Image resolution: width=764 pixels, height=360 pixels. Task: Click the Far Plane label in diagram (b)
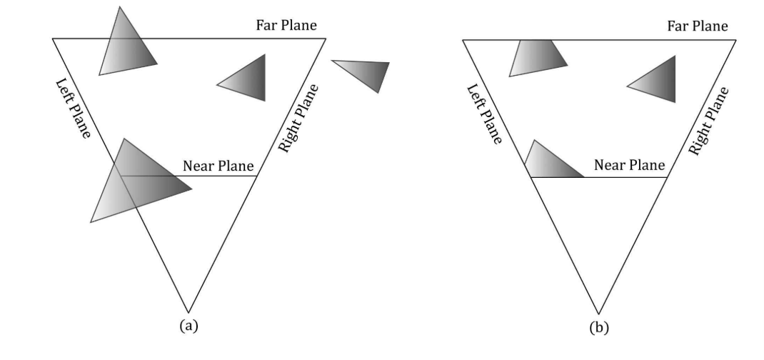pyautogui.click(x=697, y=26)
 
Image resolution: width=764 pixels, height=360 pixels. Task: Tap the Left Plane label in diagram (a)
pyautogui.click(x=73, y=109)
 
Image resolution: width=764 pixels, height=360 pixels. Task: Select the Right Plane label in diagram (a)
pyautogui.click(x=298, y=119)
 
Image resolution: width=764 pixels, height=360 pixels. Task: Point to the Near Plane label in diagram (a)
pyautogui.click(x=218, y=166)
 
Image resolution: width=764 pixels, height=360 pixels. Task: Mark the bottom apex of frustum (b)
pyautogui.click(x=598, y=313)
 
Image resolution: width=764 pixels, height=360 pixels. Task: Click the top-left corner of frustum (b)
pyautogui.click(x=463, y=40)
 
